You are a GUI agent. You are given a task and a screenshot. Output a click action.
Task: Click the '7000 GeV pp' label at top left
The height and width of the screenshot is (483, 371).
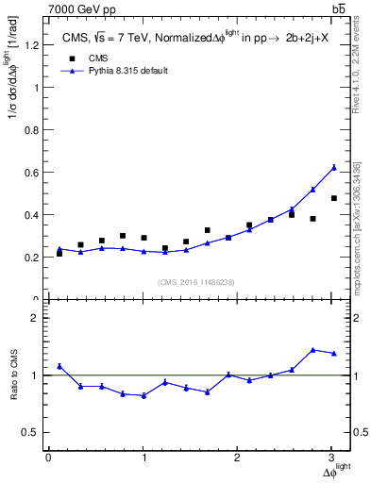[x=75, y=9]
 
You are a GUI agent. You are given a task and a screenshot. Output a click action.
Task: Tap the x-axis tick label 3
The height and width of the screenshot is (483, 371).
[x=332, y=458]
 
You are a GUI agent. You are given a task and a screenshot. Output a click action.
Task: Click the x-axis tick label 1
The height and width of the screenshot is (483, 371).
[x=143, y=458]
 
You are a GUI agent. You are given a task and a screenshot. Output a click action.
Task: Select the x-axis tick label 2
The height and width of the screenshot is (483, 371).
[x=238, y=458]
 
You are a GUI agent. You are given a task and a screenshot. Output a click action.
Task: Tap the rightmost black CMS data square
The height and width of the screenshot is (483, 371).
[x=334, y=198]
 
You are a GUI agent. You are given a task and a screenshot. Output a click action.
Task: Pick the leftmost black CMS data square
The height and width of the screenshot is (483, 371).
[x=59, y=253]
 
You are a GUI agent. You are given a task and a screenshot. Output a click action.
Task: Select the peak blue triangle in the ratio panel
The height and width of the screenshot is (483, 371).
[x=313, y=349]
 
